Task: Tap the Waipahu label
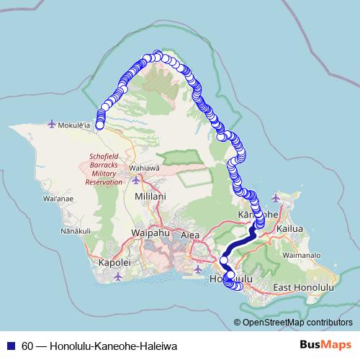click(x=150, y=233)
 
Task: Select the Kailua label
click(x=298, y=228)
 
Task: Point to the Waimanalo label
click(x=305, y=255)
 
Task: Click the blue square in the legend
click(x=12, y=346)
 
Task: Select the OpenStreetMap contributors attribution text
click(x=296, y=323)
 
